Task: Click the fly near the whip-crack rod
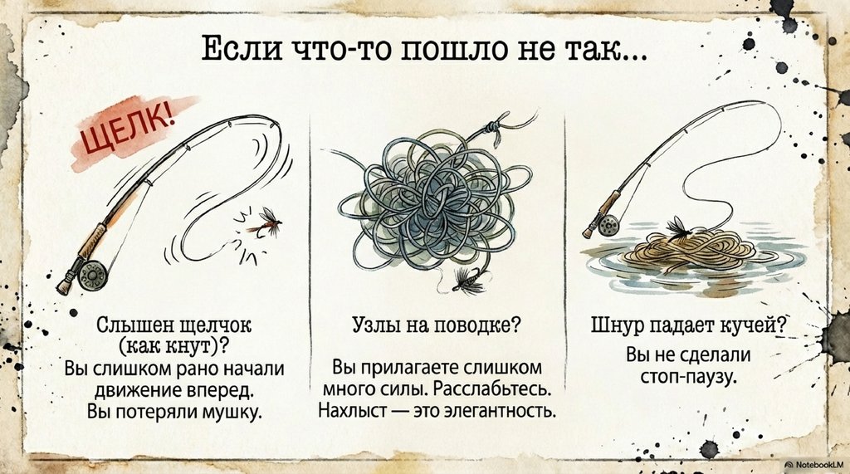(266, 222)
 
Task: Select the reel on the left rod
(91, 275)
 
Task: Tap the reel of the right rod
(609, 224)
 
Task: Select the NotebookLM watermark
(815, 466)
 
